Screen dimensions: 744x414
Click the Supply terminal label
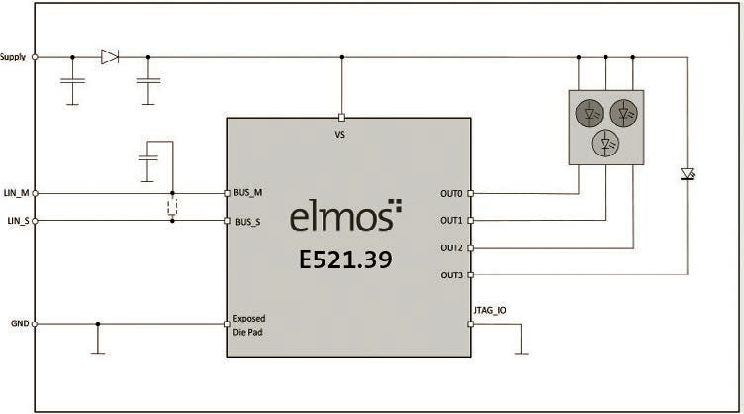pyautogui.click(x=13, y=57)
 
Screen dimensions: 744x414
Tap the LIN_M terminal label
pyautogui.click(x=16, y=193)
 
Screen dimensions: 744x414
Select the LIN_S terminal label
pyautogui.click(x=19, y=221)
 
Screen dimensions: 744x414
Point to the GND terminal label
pyautogui.click(x=20, y=323)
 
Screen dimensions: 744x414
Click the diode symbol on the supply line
pyautogui.click(x=110, y=57)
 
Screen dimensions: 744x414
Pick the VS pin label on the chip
pyautogui.click(x=339, y=135)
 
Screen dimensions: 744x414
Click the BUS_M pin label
pyautogui.click(x=247, y=193)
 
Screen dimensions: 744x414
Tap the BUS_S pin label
pyautogui.click(x=247, y=222)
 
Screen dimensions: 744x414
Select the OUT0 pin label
pyautogui.click(x=451, y=194)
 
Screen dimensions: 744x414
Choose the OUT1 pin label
pyautogui.click(x=451, y=220)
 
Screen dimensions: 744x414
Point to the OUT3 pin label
pyautogui.click(x=451, y=275)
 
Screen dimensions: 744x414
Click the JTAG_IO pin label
pyautogui.click(x=490, y=311)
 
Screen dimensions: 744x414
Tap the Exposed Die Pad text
pyautogui.click(x=248, y=325)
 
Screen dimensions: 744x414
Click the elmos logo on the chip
pyautogui.click(x=345, y=215)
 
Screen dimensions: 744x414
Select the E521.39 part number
pyautogui.click(x=345, y=259)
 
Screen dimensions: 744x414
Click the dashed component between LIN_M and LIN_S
pyautogui.click(x=172, y=207)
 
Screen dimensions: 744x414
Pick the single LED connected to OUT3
pyautogui.click(x=688, y=174)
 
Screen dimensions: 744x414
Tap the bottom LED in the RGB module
pyautogui.click(x=605, y=143)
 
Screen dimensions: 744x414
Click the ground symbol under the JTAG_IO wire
pyautogui.click(x=522, y=354)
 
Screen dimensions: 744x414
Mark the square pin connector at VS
pyautogui.click(x=341, y=118)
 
